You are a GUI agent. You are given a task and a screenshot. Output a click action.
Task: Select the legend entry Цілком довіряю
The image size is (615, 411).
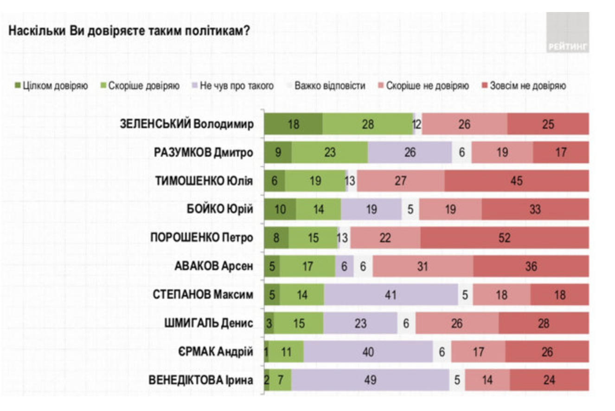[x=51, y=86]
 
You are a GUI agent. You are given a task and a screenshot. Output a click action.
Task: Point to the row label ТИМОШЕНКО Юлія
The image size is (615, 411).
[x=204, y=181]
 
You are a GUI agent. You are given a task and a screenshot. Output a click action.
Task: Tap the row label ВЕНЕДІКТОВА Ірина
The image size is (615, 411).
[x=200, y=380]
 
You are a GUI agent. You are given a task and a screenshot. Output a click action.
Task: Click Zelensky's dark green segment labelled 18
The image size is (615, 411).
[x=293, y=124]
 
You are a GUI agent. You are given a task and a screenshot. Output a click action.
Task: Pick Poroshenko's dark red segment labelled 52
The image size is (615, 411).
[x=505, y=238]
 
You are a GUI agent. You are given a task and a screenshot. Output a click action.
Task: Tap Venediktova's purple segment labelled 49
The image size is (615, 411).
[x=370, y=380]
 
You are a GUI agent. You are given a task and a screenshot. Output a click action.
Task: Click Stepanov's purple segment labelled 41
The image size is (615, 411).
[x=391, y=295]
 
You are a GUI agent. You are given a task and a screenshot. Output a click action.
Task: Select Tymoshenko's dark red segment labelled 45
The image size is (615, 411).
[x=516, y=181]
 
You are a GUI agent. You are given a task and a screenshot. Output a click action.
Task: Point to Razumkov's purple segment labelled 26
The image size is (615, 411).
[x=410, y=153]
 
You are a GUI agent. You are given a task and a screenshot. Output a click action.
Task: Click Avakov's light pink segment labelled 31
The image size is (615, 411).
[x=423, y=266]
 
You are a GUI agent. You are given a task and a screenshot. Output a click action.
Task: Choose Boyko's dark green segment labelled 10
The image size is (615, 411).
[x=280, y=210]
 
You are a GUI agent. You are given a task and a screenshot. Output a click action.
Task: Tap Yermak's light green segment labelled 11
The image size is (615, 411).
[x=286, y=352]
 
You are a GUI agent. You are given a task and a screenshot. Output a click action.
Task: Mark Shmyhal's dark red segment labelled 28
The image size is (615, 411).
[x=544, y=323]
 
